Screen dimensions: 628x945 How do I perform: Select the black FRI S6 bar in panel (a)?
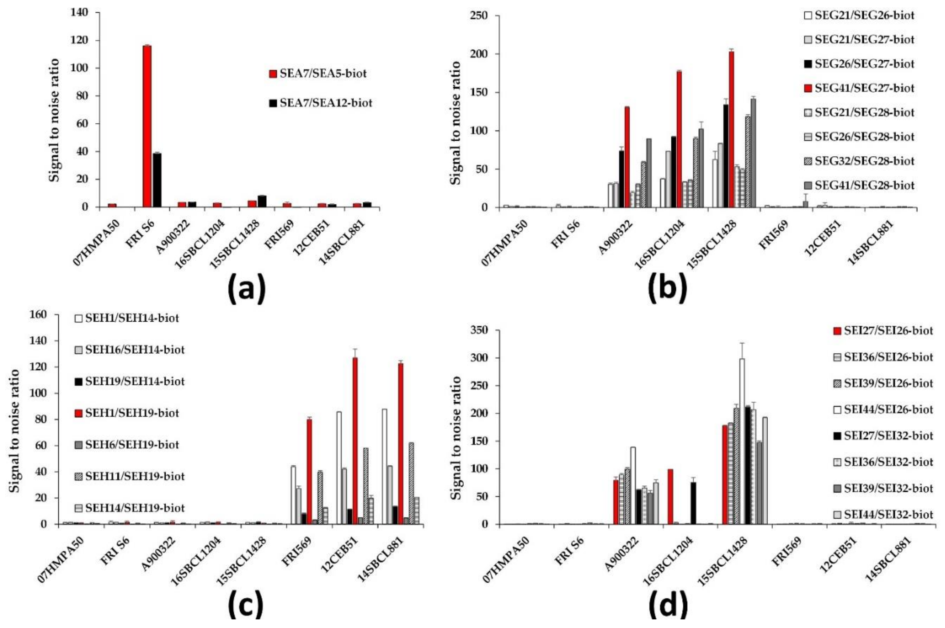coord(156,180)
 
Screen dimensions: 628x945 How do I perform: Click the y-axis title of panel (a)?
coord(54,120)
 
